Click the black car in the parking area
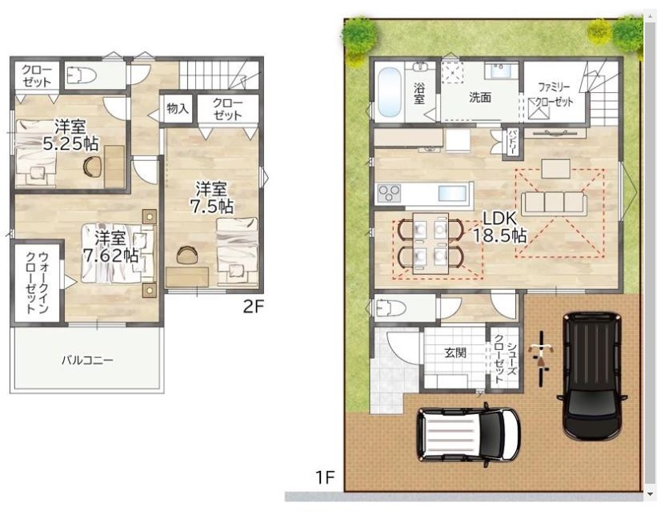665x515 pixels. coord(592,376)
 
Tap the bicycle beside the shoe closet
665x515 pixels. coord(540,359)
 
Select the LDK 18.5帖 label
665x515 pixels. coord(499,227)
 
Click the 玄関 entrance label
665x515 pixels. coord(455,352)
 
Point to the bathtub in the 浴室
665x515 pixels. coord(390,92)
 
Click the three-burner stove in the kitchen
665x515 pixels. coord(389,194)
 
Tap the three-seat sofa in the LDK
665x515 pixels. coord(554,203)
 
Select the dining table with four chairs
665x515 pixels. coord(431,243)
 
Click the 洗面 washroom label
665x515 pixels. coord(479,97)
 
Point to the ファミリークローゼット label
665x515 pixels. coord(555,95)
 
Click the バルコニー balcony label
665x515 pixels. coord(87,360)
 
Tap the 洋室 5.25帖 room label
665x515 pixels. coord(71,135)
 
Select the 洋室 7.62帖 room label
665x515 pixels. coord(110,247)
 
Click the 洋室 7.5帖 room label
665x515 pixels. coord(210,197)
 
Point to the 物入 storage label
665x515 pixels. coord(178,108)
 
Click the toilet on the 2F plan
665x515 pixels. coord(82,75)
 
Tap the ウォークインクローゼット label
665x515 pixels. coord(38,282)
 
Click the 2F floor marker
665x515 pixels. coord(253,307)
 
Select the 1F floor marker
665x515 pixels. coord(325,478)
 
